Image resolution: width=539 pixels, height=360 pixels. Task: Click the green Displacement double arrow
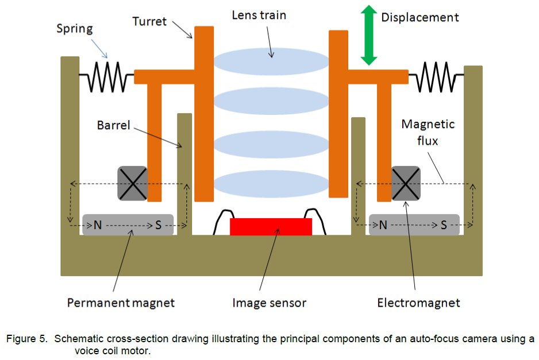[368, 34]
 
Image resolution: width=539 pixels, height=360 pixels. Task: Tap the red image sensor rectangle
[271, 227]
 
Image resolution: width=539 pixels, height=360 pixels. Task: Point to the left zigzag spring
[106, 77]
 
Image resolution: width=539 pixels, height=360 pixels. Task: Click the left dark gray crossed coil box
[132, 183]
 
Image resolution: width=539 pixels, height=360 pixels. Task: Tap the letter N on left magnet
[98, 226]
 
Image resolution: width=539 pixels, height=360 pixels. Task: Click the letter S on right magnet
[444, 226]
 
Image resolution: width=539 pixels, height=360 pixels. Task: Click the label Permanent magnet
[121, 302]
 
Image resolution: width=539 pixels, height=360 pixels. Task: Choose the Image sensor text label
[269, 302]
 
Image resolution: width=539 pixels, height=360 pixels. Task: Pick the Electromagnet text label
[418, 302]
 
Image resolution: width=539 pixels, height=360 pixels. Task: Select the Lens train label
[259, 14]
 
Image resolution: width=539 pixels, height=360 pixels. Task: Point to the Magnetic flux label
[428, 132]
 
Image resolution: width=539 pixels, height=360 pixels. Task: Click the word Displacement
[419, 17]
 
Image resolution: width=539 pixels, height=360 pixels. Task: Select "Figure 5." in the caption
[28, 339]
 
